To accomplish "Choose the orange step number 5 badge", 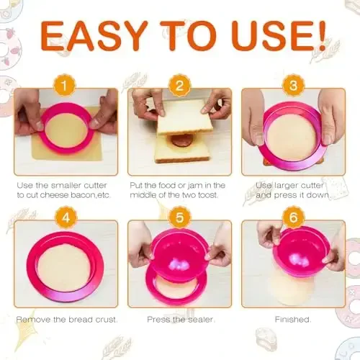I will point(179,217).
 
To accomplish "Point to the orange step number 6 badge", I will point(292,217).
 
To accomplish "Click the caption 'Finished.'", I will point(293,318).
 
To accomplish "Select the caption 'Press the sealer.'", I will point(179,318).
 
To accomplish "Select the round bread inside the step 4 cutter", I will point(63,266).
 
